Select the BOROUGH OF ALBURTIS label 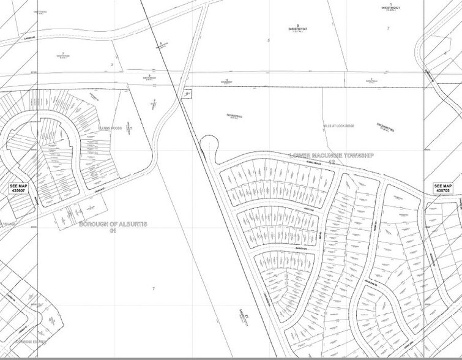click(113, 225)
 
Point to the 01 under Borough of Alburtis click(113, 231)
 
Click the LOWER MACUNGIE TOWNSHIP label click(331, 157)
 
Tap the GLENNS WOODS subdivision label click(110, 128)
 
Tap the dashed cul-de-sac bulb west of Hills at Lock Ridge click(211, 144)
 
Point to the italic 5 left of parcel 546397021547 click(268, 39)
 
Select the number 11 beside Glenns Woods click(130, 127)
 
